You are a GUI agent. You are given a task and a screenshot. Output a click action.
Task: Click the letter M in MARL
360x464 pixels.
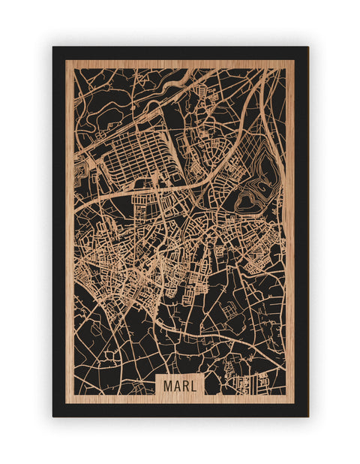[x=167, y=385]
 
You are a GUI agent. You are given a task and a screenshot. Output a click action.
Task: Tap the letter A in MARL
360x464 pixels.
[x=176, y=385]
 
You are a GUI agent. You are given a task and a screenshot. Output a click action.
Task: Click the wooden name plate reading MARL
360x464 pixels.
[x=180, y=385]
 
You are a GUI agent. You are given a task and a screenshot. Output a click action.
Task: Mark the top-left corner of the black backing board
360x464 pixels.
[x=53, y=47]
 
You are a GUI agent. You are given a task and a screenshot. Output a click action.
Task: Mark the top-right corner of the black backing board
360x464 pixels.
[x=307, y=47]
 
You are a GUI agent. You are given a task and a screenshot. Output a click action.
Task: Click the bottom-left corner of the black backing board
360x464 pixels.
[x=53, y=416]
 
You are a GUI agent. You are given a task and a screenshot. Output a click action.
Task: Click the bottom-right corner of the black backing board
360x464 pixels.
[x=307, y=416]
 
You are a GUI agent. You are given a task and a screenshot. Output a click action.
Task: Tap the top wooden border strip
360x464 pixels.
[x=180, y=64]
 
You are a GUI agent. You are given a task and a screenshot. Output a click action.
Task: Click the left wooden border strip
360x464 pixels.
[x=69, y=225]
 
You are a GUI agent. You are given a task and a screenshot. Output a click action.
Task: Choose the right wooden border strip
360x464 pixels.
[x=291, y=225]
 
